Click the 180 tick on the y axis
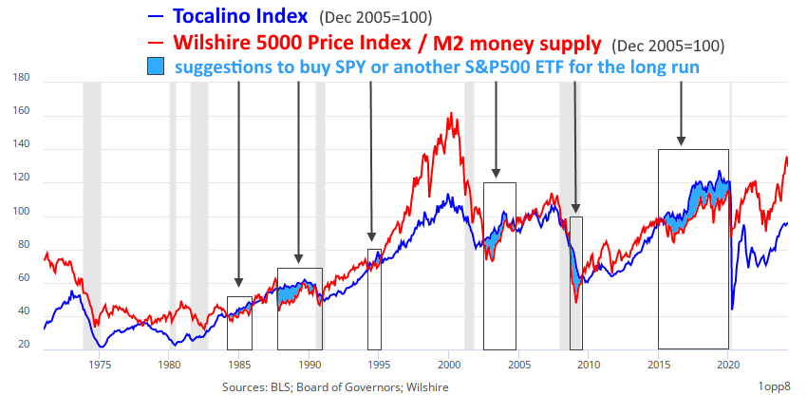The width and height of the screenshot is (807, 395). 23,82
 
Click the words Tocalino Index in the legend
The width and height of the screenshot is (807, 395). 241,16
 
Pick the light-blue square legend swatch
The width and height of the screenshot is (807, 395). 156,67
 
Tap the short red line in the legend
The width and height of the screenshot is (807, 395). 156,43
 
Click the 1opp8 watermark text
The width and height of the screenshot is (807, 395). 775,386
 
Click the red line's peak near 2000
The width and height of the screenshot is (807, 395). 449,114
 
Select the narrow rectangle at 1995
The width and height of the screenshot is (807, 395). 374,298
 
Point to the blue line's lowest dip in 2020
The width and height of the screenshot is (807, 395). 732,308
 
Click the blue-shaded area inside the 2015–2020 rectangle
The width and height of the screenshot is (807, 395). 703,195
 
